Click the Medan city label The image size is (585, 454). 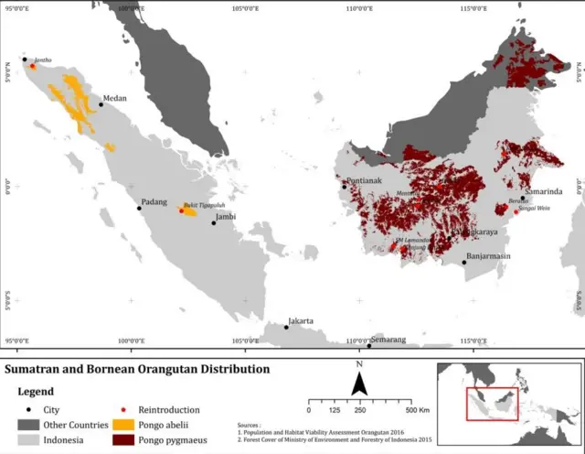pyautogui.click(x=115, y=98)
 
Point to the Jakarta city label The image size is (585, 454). pyautogui.click(x=302, y=321)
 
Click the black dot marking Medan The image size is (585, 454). pyautogui.click(x=101, y=104)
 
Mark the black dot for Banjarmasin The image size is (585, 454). pyautogui.click(x=464, y=263)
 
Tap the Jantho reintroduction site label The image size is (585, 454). pyautogui.click(x=41, y=59)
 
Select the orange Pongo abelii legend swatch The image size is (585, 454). pyautogui.click(x=123, y=426)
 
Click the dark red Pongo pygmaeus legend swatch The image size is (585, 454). pyautogui.click(x=123, y=440)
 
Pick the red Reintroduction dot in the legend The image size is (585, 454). pyautogui.click(x=123, y=410)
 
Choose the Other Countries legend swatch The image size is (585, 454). pyautogui.click(x=28, y=426)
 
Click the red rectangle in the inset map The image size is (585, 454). pyautogui.click(x=492, y=404)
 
